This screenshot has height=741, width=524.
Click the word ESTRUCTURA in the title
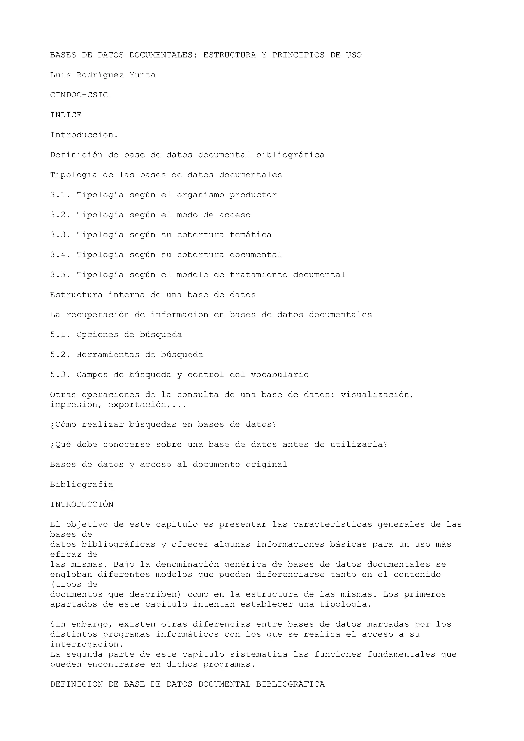coord(229,55)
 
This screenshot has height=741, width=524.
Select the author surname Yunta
coord(142,75)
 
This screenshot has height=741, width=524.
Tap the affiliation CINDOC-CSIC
coord(79,95)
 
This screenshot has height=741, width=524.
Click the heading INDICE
coord(66,115)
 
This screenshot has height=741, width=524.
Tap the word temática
coord(250,235)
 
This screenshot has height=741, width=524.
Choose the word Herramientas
coord(108,355)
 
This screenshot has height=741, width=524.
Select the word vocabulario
coord(280,375)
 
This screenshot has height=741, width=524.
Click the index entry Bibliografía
coord(82,485)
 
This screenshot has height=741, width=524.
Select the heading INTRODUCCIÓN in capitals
coord(82,505)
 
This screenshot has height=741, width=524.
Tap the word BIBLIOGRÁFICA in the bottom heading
coord(290,684)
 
